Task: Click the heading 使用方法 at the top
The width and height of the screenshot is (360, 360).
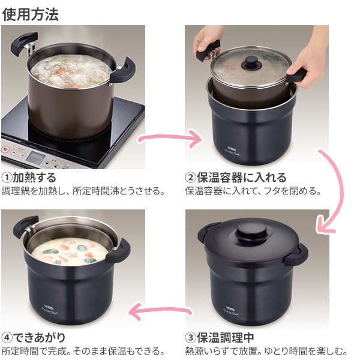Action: pos(31,14)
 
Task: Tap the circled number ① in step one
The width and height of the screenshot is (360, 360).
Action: pos(7,178)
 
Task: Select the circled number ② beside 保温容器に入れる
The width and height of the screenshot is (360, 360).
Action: pos(190,178)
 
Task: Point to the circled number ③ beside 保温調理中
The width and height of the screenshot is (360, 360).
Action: pos(190,338)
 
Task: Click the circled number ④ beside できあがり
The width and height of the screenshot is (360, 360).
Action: pos(7,338)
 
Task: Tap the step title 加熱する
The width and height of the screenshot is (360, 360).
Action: pos(34,178)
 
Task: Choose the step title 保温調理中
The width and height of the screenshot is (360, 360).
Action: pos(225,338)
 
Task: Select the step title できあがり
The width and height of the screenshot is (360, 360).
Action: pos(39,338)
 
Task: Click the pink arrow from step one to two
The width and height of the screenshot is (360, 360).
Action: pos(170,138)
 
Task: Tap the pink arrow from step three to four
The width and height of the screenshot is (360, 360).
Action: pos(161,311)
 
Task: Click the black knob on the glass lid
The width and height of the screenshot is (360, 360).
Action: pos(251,62)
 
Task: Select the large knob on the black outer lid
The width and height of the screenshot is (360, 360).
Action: pos(251,231)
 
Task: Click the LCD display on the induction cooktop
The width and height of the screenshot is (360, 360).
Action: pos(36,158)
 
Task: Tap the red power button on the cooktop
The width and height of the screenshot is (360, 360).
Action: pos(5,149)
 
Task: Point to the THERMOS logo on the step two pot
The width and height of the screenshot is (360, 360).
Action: pos(232,149)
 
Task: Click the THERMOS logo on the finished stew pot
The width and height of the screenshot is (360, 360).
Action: pos(49,307)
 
